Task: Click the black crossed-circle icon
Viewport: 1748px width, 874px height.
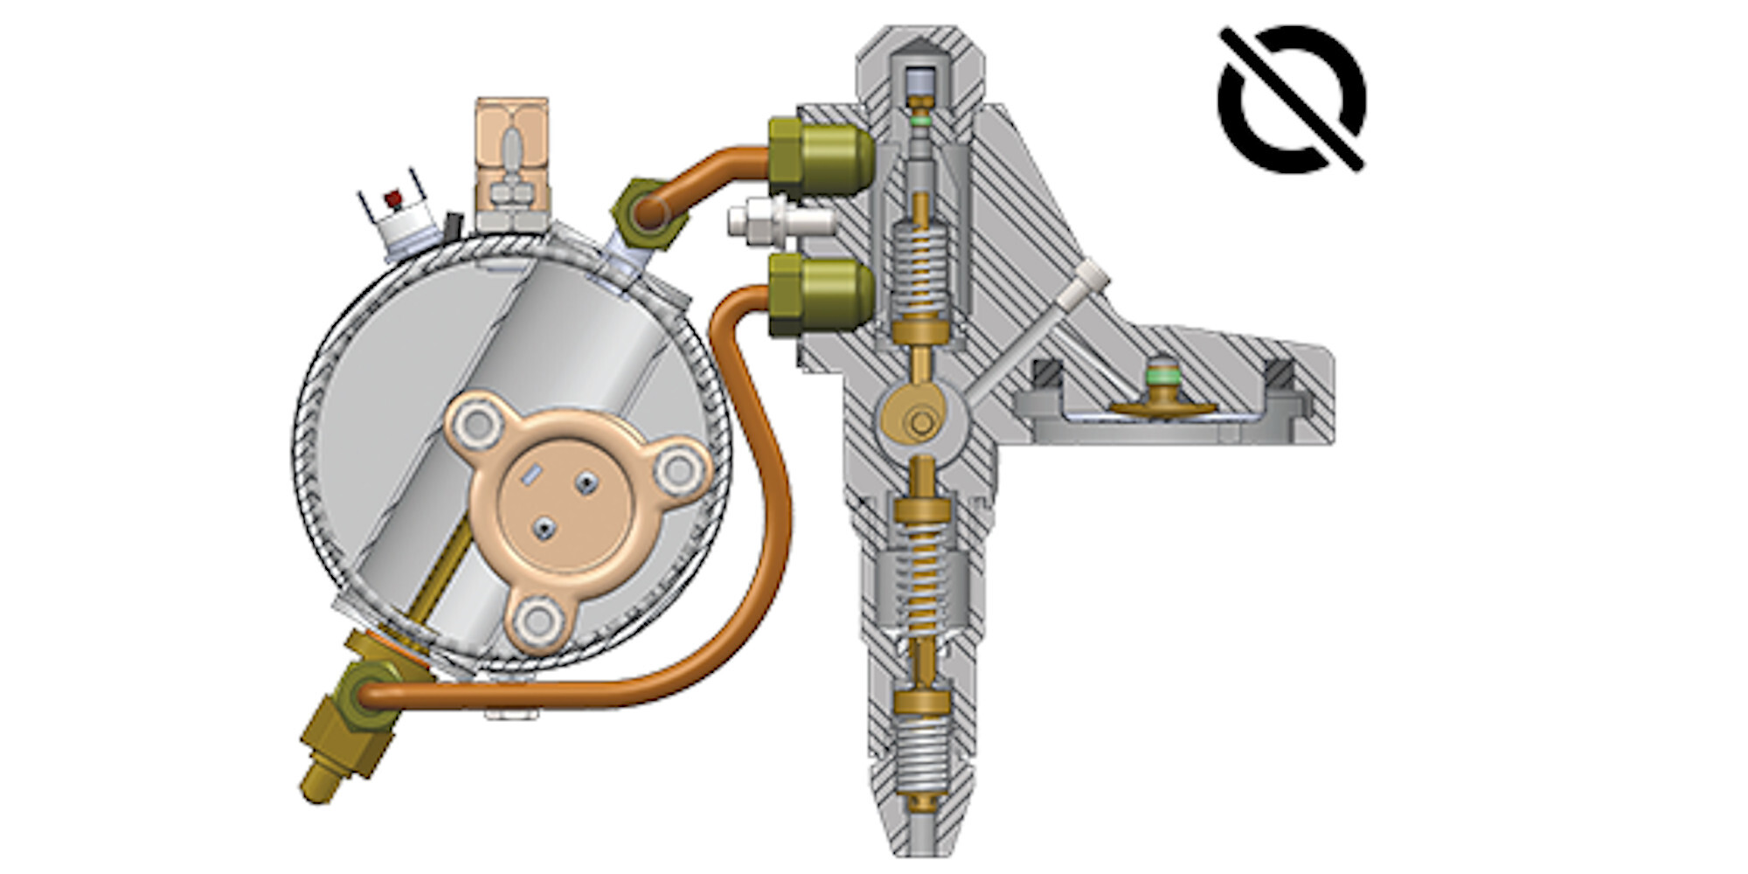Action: (x=1292, y=98)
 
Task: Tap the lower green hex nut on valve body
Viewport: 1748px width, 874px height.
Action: (x=820, y=295)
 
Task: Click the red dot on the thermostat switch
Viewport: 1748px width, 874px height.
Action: (x=393, y=199)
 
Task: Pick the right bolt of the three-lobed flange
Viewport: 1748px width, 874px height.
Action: (x=678, y=470)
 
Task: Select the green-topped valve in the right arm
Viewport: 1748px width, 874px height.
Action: (x=1162, y=385)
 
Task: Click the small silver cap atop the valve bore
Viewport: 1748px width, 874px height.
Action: (x=919, y=83)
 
